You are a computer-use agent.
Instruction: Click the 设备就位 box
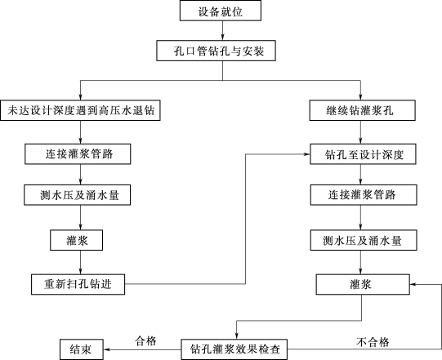click(221, 11)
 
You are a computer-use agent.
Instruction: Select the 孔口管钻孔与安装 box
click(217, 51)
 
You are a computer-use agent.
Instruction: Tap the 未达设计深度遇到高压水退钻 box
click(80, 110)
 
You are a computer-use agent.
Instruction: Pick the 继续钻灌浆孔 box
click(362, 110)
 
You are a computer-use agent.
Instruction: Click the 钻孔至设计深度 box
click(363, 154)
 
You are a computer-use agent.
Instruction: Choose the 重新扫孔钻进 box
click(78, 284)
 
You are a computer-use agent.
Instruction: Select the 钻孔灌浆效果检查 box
click(234, 349)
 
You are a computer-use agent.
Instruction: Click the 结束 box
click(82, 349)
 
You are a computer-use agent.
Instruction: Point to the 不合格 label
click(373, 342)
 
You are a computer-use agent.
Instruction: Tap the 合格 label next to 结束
click(145, 341)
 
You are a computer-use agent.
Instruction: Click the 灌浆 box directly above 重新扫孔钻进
click(77, 240)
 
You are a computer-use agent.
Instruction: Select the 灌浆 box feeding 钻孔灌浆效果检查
click(363, 285)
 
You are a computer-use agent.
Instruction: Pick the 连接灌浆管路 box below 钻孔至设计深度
click(364, 194)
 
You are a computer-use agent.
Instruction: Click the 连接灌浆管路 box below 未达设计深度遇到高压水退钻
click(78, 154)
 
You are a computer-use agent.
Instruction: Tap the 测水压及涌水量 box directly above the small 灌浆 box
click(78, 194)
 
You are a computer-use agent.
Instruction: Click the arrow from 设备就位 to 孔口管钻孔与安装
click(223, 31)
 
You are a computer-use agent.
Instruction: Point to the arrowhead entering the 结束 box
click(107, 349)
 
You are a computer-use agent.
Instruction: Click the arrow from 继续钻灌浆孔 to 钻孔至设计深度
click(360, 132)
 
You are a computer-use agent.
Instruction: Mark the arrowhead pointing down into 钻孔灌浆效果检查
click(236, 336)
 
